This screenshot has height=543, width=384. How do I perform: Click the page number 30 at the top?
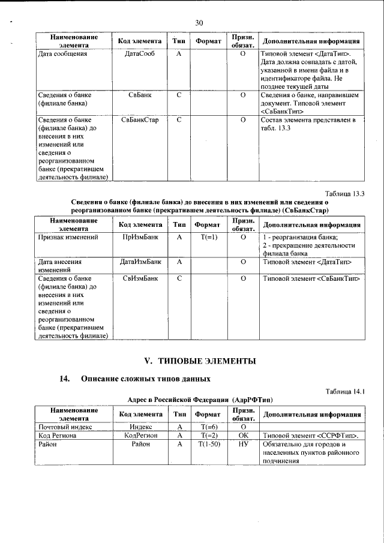pos(200,23)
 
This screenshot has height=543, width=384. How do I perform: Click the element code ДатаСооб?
pos(140,54)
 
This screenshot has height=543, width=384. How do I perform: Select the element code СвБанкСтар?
pos(140,121)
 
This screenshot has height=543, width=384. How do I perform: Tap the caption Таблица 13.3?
pos(344,193)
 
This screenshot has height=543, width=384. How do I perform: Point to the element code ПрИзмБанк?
pos(140,238)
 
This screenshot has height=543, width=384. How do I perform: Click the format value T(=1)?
pos(209,238)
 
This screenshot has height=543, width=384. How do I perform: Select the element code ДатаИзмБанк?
pos(140,262)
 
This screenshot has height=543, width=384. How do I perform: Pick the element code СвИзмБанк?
pos(140,279)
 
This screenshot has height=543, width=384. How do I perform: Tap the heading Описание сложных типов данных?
pos(146,379)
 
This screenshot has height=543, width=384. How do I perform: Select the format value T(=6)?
pos(209,427)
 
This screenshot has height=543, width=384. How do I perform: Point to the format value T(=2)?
pos(209,436)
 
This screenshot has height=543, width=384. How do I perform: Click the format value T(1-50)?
pos(209,445)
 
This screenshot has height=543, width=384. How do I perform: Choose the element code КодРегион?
pos(140,436)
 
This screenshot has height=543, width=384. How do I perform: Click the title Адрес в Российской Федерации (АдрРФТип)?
pos(200,399)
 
